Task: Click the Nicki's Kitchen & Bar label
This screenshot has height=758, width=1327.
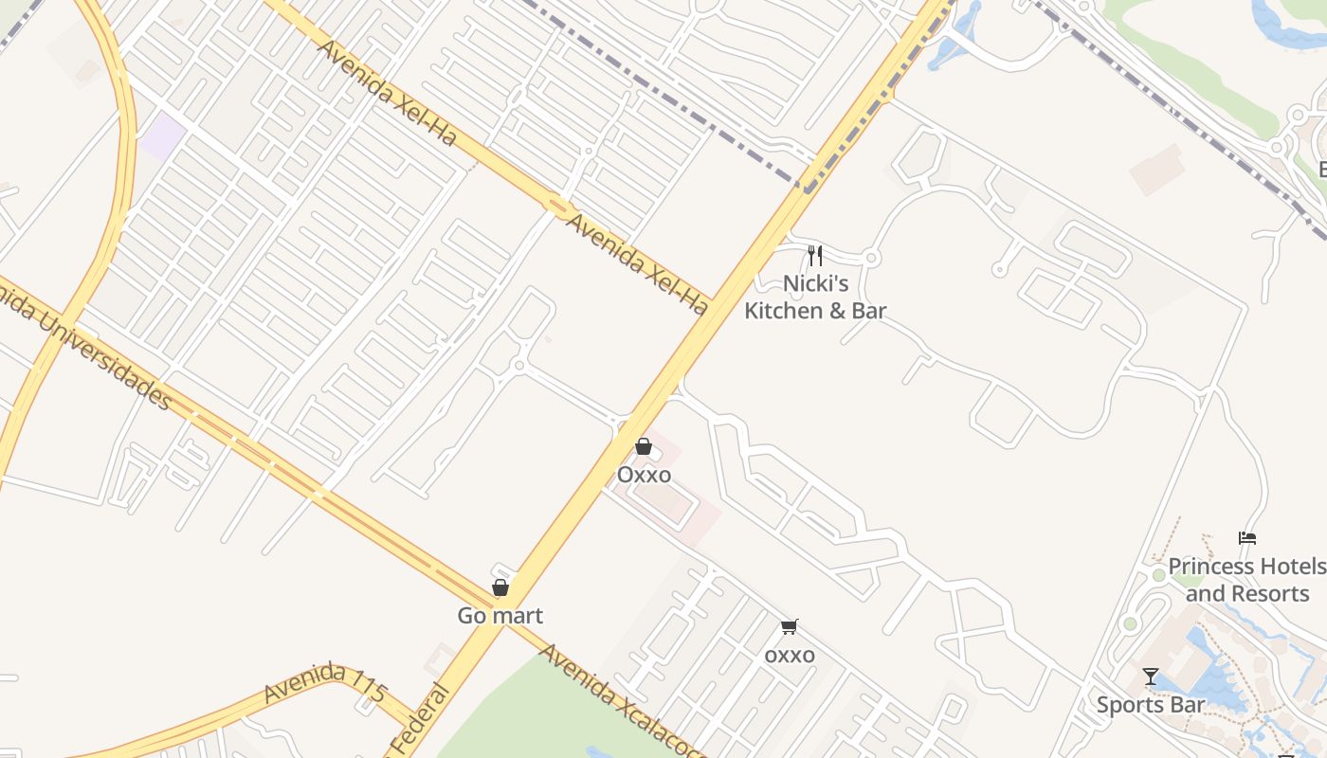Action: click(815, 297)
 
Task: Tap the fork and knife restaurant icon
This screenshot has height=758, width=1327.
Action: click(814, 256)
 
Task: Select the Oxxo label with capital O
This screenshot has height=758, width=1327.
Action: click(644, 475)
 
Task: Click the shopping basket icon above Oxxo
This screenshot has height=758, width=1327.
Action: click(644, 446)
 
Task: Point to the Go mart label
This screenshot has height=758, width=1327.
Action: click(500, 616)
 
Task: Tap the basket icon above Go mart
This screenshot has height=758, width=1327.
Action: click(500, 587)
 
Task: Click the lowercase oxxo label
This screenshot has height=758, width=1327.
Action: click(790, 655)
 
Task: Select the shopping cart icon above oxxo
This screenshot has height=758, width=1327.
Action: click(790, 626)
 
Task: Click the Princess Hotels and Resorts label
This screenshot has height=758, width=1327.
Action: click(1247, 580)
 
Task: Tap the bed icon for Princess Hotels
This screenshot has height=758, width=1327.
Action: click(1247, 538)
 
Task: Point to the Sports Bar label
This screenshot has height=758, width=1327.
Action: click(1151, 705)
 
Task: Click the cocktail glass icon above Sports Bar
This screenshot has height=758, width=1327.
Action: click(1151, 677)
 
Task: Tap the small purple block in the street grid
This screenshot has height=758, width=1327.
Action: click(163, 135)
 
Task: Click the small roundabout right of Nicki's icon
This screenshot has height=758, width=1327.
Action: click(872, 258)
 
